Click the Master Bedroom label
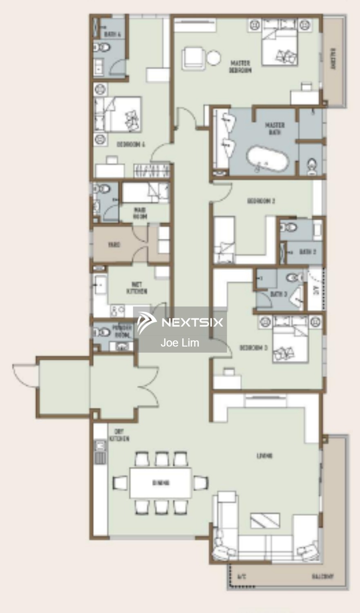[240, 67]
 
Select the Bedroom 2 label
[261, 201]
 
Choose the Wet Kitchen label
[137, 288]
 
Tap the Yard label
[114, 245]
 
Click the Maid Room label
[140, 213]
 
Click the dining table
[161, 483]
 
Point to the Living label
[264, 456]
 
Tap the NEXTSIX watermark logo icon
[146, 322]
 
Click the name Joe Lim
[180, 343]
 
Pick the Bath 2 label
[307, 252]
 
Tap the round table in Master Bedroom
[214, 58]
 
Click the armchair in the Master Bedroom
[193, 57]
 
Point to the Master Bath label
[275, 128]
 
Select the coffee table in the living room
[265, 520]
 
